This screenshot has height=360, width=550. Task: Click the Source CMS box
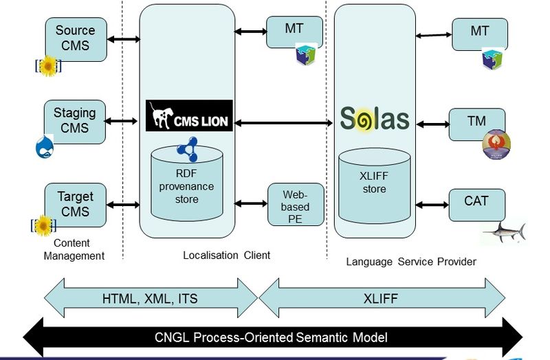click(76, 38)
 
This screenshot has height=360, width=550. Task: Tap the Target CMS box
click(76, 204)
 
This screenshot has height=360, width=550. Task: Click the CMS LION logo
click(190, 115)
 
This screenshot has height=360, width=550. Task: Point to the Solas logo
click(375, 117)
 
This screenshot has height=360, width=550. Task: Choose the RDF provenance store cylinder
click(186, 183)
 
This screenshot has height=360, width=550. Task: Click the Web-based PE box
click(295, 204)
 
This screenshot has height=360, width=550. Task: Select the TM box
click(476, 122)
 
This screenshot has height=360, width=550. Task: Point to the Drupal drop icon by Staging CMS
click(45, 146)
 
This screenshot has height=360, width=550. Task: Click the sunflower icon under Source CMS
click(48, 67)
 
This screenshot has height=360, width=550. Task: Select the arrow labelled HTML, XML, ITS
click(150, 299)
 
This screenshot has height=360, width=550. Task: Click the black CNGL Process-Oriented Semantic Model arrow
click(272, 337)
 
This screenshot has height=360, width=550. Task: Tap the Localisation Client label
click(226, 255)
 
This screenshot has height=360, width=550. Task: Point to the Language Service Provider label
click(410, 261)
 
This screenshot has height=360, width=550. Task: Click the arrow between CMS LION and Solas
click(283, 122)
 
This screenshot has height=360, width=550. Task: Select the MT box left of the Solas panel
click(294, 31)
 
